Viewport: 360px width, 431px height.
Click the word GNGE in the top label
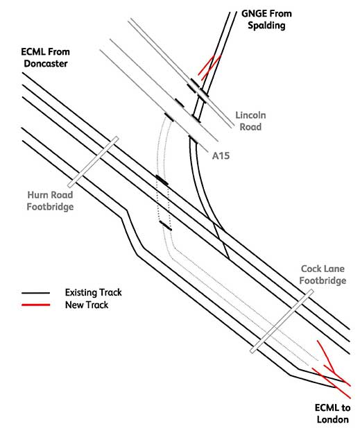click(253, 13)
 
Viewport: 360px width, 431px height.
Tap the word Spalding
click(266, 26)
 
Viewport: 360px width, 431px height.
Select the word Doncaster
click(46, 63)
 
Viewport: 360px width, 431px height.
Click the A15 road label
click(221, 156)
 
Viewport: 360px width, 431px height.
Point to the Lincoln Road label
click(250, 121)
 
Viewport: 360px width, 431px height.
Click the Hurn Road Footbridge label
click(51, 201)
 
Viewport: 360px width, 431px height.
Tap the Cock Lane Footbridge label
click(323, 275)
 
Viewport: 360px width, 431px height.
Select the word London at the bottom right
click(332, 419)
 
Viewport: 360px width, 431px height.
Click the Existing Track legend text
click(94, 292)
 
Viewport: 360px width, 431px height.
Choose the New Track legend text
click(87, 305)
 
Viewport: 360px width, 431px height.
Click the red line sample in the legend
click(36, 305)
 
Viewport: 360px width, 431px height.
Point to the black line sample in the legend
click(36, 293)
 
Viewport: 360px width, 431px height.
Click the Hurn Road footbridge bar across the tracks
click(93, 162)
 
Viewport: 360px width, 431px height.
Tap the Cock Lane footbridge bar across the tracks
click(282, 321)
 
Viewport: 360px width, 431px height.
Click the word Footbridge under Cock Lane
click(323, 280)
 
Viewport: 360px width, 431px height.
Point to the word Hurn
click(37, 195)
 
